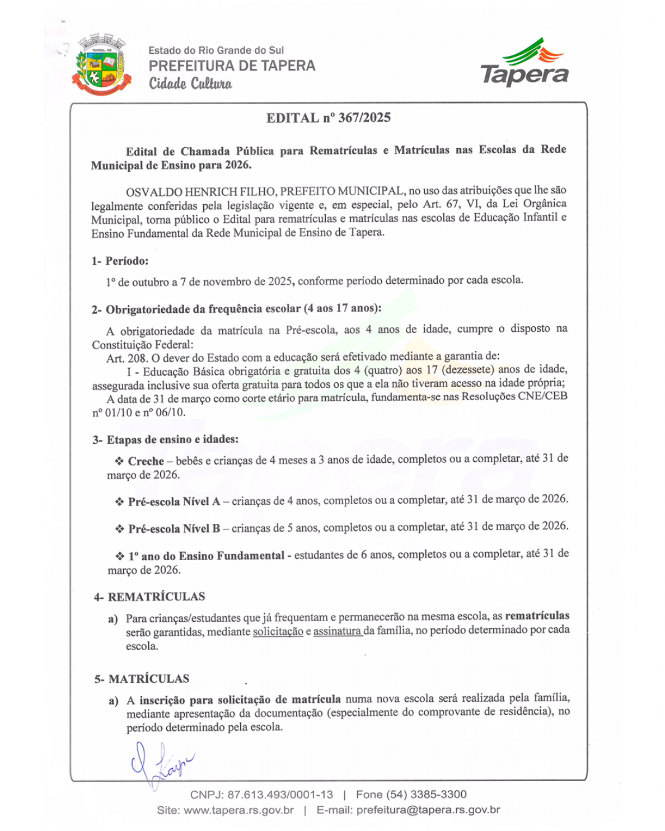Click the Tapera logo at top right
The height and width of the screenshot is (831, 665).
pyautogui.click(x=524, y=63)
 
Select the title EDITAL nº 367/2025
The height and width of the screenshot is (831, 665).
pyautogui.click(x=329, y=118)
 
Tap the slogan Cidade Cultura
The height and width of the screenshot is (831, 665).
pyautogui.click(x=190, y=84)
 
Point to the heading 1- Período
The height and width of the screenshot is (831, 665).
pyautogui.click(x=120, y=261)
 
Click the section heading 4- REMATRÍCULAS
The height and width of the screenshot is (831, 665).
pyautogui.click(x=149, y=597)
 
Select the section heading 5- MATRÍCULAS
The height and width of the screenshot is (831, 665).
pyautogui.click(x=142, y=679)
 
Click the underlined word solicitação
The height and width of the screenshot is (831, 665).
pyautogui.click(x=278, y=632)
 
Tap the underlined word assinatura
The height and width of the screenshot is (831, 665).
pyautogui.click(x=338, y=631)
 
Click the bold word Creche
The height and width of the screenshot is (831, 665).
pyautogui.click(x=146, y=461)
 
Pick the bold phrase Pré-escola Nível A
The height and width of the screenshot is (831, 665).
pyautogui.click(x=174, y=501)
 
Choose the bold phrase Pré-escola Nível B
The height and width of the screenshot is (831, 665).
pyautogui.click(x=174, y=529)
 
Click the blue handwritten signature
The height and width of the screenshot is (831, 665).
pyautogui.click(x=160, y=763)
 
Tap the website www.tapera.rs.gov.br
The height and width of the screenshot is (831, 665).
pyautogui.click(x=238, y=810)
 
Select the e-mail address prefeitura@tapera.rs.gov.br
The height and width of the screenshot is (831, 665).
pyautogui.click(x=428, y=810)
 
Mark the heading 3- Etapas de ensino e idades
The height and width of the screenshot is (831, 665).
pyautogui.click(x=166, y=440)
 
